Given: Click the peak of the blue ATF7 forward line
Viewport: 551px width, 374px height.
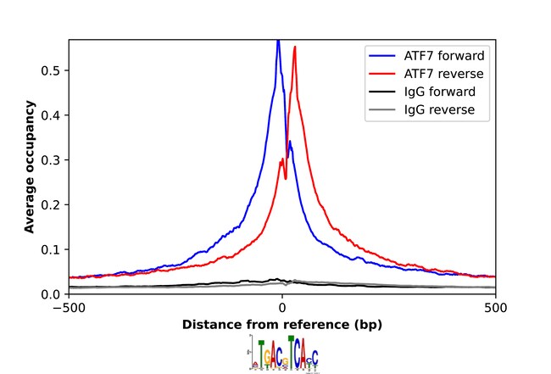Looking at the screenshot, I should [278, 40].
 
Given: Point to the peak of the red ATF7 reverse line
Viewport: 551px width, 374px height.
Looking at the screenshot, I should [295, 47].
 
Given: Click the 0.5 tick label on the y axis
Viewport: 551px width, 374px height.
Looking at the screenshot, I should [53, 70].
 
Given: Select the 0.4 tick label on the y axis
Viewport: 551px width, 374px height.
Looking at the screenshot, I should [53, 115].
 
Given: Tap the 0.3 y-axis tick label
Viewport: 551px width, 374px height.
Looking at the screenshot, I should [53, 160].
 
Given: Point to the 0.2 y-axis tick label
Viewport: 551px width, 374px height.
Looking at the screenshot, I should [53, 204].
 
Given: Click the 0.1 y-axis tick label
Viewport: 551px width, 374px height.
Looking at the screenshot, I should [53, 249].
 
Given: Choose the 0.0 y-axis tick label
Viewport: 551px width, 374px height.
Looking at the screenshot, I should [53, 294].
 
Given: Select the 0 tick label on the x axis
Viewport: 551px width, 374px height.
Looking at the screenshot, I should [282, 308].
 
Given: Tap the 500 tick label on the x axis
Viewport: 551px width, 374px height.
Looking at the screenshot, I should [496, 308].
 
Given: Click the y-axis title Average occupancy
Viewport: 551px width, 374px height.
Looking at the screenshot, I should [30, 166].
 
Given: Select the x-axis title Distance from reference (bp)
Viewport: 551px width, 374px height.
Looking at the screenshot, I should [282, 325].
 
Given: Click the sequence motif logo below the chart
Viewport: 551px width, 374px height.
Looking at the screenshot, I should [283, 353].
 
